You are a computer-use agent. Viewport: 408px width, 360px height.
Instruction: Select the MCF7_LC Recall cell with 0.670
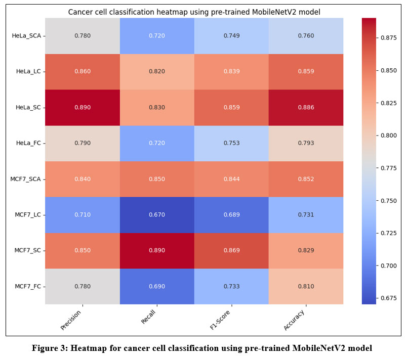(x=157, y=215)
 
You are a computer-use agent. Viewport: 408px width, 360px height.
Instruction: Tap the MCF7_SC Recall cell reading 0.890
(x=157, y=251)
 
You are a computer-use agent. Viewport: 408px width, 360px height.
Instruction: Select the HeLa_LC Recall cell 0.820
(x=157, y=71)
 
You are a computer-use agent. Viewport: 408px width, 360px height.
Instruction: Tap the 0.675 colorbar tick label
(x=389, y=298)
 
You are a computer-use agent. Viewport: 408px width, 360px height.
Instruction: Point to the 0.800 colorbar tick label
(x=389, y=136)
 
